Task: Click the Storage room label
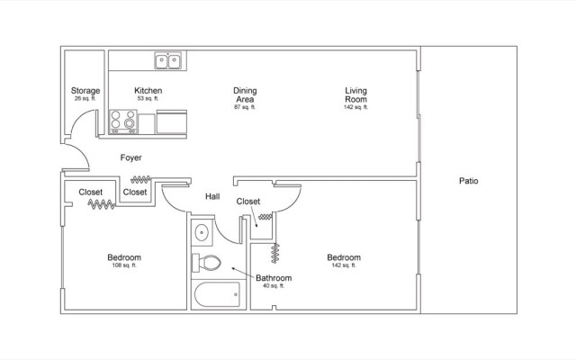(85, 91)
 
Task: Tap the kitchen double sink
(167, 62)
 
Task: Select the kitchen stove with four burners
(121, 121)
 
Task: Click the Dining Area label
(245, 94)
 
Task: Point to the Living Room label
(357, 94)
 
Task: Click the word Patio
(468, 181)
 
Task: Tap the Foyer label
(131, 157)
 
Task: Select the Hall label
(212, 195)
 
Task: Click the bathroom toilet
(207, 263)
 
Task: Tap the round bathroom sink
(202, 232)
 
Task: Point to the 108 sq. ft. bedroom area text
(123, 265)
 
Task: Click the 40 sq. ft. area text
(274, 286)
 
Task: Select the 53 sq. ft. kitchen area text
(148, 99)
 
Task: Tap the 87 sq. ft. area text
(245, 107)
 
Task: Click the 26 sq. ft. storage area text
(85, 99)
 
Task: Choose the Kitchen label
(148, 91)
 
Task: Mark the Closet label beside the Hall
(248, 202)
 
